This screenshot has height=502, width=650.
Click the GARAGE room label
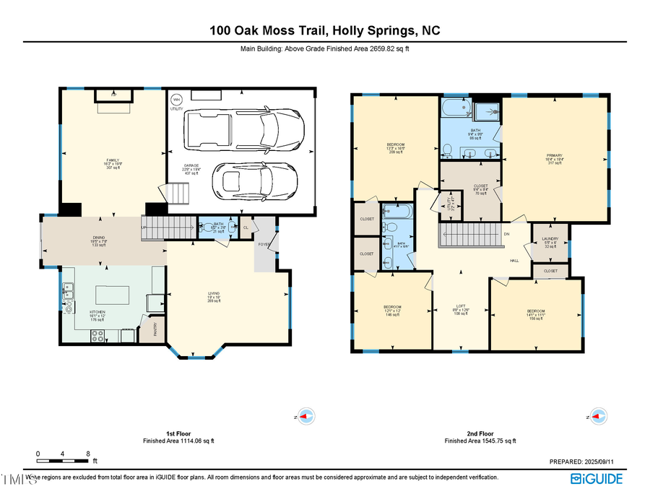[x=191, y=165]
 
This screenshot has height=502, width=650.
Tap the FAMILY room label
[x=113, y=160]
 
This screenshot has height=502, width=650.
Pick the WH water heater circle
[x=175, y=100]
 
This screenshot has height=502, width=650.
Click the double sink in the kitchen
[x=70, y=290]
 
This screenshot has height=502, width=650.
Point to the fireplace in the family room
[x=114, y=95]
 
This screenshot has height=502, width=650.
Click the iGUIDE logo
[x=597, y=478]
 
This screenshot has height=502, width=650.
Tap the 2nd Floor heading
[x=480, y=433]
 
